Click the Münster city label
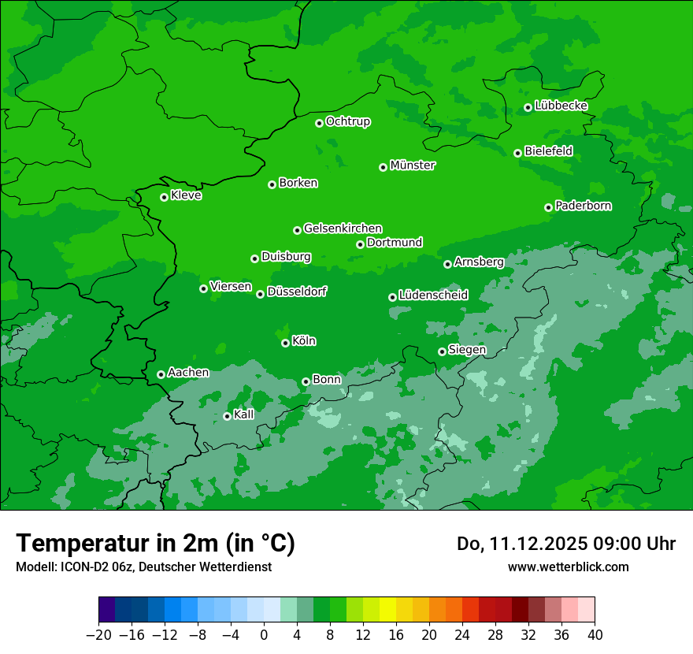coord(413,165)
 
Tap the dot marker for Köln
coord(285,343)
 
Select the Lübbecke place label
coord(561,106)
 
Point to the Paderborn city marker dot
coord(548,207)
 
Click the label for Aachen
coord(188,373)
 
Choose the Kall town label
coord(244,414)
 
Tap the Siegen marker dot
coord(442,351)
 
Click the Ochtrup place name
coord(348,121)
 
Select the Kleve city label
coord(186,195)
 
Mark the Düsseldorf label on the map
coord(297,292)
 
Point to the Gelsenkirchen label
coord(343,229)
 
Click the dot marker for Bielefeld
coord(517,153)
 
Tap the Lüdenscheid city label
coord(433,295)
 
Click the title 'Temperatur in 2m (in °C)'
coord(155,543)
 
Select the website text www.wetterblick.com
coord(568,567)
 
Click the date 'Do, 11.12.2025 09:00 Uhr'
coord(565,544)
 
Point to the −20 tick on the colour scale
coord(98,635)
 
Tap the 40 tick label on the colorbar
coord(595,635)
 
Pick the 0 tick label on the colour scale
coord(264,635)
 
